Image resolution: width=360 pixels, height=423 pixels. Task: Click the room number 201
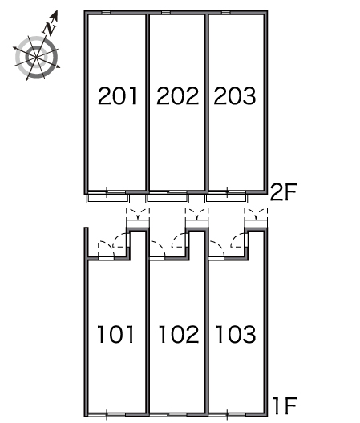tap(118, 96)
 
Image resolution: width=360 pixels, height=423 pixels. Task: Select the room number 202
tap(177, 96)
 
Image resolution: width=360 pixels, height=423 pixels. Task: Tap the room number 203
tap(235, 96)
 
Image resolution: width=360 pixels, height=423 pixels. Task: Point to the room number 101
tap(115, 335)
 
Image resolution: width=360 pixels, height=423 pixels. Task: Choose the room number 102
tap(179, 335)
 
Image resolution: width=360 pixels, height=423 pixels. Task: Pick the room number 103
tap(236, 335)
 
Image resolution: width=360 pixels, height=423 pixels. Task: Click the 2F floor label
tap(283, 191)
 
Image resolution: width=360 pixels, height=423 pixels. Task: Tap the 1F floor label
tap(285, 405)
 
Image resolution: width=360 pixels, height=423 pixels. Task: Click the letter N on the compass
tap(50, 28)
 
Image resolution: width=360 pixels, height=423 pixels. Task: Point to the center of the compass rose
tap(36, 57)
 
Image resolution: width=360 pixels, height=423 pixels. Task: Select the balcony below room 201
tap(108, 199)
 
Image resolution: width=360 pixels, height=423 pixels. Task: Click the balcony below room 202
tap(168, 199)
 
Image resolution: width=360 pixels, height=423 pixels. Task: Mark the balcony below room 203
tap(226, 199)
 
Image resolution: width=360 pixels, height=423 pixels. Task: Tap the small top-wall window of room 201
tap(106, 13)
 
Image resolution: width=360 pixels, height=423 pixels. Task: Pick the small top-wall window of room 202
tap(166, 13)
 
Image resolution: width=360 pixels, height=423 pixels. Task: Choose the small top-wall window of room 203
tap(226, 13)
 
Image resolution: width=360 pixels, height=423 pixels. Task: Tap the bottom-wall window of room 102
tap(168, 414)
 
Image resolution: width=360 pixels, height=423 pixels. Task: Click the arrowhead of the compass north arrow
tap(55, 15)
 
